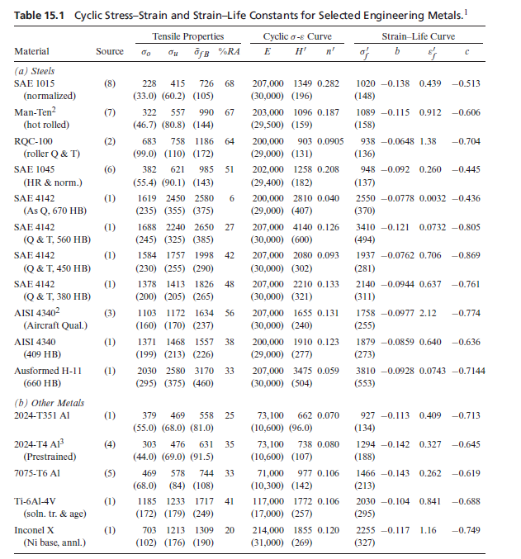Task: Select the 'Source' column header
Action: pyautogui.click(x=110, y=52)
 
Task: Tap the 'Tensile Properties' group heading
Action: pyautogui.click(x=187, y=36)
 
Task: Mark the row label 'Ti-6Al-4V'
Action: pyautogui.click(x=35, y=501)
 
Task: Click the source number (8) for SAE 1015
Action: pyautogui.click(x=110, y=84)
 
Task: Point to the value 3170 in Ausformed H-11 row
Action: pyautogui.click(x=203, y=371)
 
